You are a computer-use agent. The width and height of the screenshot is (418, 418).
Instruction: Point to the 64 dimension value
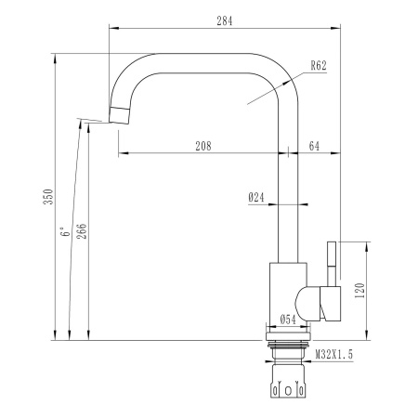click(x=314, y=145)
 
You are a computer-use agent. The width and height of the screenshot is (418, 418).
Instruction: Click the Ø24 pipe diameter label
click(x=257, y=197)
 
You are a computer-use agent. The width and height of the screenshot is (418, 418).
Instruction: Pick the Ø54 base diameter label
click(x=288, y=320)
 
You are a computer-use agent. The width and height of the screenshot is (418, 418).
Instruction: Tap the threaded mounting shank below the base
click(x=288, y=351)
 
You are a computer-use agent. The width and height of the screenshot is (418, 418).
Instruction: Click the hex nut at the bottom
click(x=288, y=385)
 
